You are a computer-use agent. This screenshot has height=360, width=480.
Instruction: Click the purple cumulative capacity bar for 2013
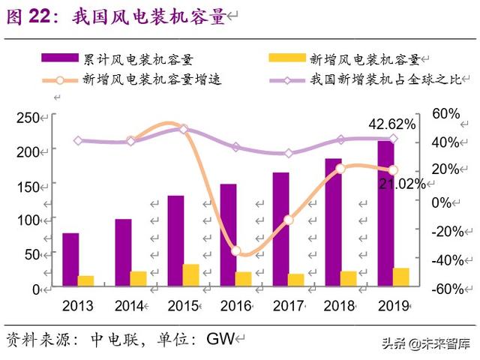70,259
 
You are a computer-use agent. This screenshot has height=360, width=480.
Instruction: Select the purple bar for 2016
228,234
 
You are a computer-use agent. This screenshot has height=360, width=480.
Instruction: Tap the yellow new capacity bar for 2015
191,274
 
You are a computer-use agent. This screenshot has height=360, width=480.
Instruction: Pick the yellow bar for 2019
401,277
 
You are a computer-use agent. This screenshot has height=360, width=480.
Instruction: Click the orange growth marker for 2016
236,250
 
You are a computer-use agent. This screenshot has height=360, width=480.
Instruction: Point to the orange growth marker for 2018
340,169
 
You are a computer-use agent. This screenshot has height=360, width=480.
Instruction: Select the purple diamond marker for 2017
289,153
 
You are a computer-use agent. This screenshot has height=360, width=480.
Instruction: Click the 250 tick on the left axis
27,118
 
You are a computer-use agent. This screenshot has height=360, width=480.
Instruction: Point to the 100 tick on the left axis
27,220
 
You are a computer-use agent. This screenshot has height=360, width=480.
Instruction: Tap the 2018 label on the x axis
339,305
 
